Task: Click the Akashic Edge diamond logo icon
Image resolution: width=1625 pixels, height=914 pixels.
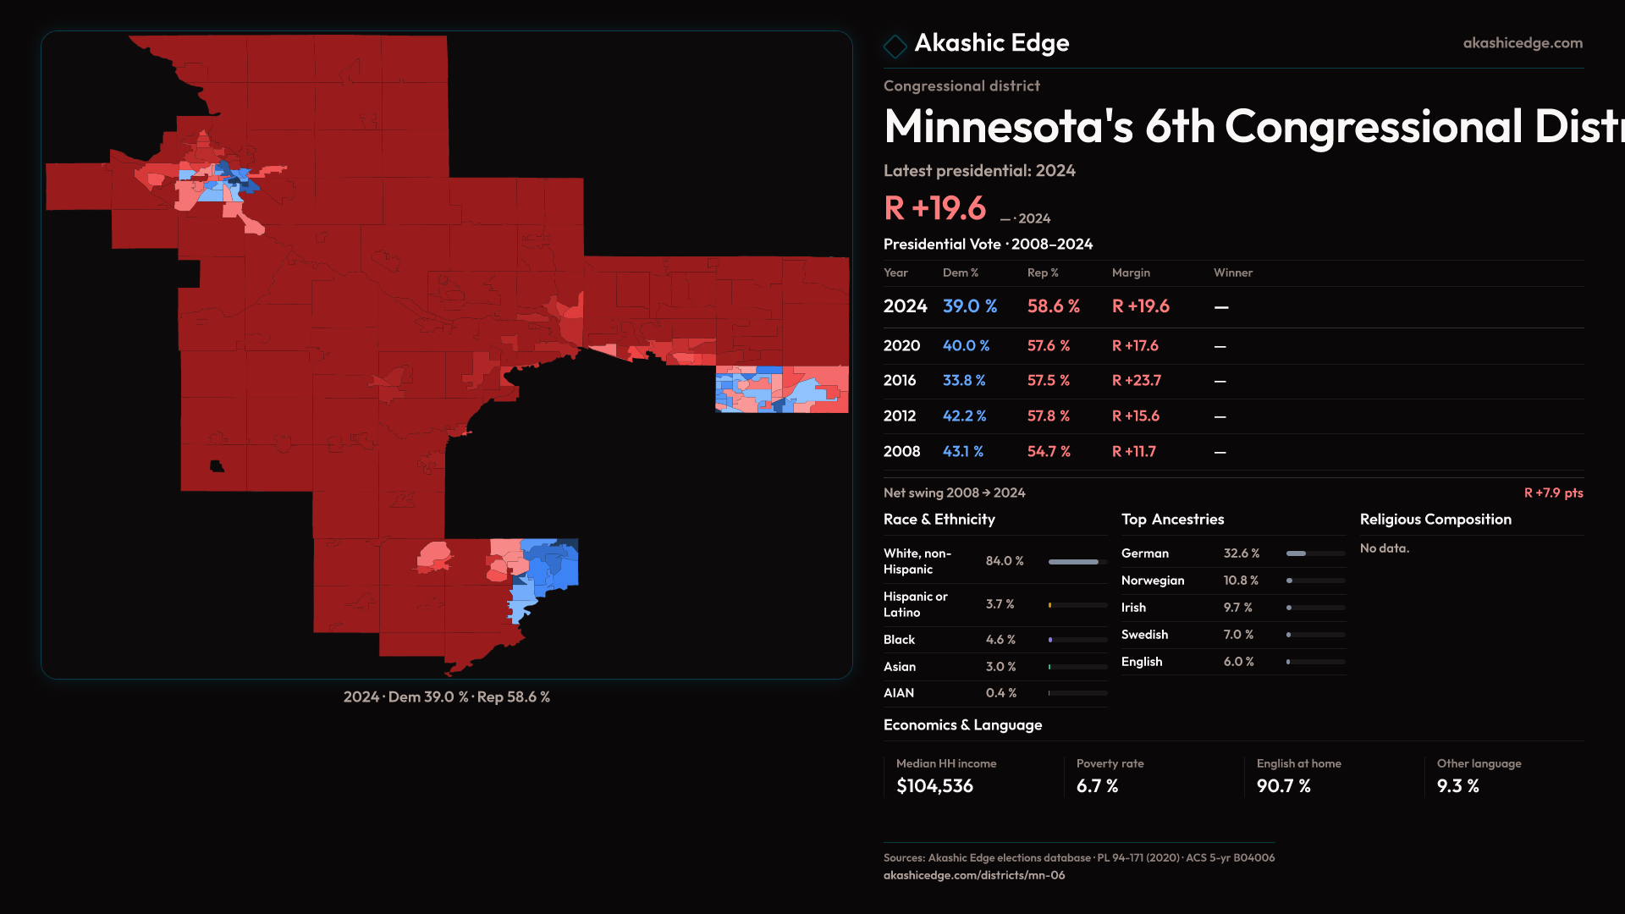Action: pyautogui.click(x=895, y=46)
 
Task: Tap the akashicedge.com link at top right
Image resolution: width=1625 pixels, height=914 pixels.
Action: pyautogui.click(x=1522, y=43)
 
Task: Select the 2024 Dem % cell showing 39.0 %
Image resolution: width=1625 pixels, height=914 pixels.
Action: pyautogui.click(x=969, y=306)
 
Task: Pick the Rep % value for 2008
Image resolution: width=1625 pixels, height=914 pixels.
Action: pyautogui.click(x=1048, y=452)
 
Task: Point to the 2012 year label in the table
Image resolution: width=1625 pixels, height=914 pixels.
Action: pyautogui.click(x=899, y=416)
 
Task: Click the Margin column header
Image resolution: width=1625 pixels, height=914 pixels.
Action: pyautogui.click(x=1130, y=273)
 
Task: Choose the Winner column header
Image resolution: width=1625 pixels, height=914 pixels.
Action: pyautogui.click(x=1232, y=273)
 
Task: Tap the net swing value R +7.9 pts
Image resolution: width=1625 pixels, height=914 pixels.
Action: pyautogui.click(x=1552, y=493)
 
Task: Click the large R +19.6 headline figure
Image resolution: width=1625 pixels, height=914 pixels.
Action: pyautogui.click(x=934, y=208)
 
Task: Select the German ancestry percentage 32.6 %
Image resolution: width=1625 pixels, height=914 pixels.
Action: pyautogui.click(x=1241, y=553)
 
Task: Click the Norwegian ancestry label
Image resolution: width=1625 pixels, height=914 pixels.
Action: pyautogui.click(x=1152, y=581)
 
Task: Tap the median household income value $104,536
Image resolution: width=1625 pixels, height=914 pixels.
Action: pyautogui.click(x=934, y=786)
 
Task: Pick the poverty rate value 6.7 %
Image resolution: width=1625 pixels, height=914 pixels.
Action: pyautogui.click(x=1097, y=786)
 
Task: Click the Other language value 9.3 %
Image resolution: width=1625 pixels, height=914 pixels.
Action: pyautogui.click(x=1457, y=786)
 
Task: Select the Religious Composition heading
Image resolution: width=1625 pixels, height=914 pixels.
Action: pyautogui.click(x=1435, y=520)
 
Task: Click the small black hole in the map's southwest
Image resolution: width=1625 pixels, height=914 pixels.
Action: pyautogui.click(x=217, y=466)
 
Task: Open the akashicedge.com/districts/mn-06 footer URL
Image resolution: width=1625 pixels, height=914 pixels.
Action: pyautogui.click(x=973, y=875)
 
